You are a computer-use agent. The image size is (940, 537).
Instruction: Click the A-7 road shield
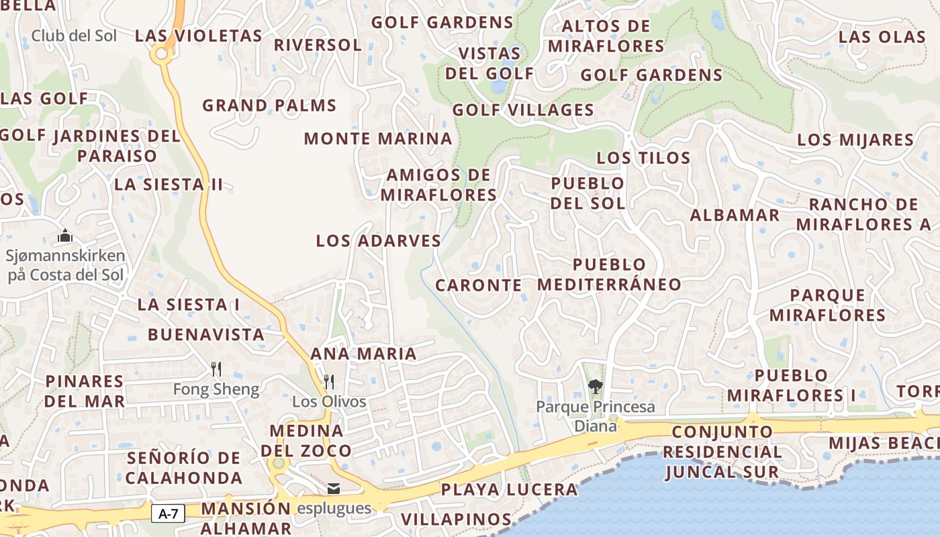click(169, 514)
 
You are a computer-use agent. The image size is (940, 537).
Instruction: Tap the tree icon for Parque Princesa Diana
click(595, 386)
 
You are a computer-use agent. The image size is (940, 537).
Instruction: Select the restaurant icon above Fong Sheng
click(216, 369)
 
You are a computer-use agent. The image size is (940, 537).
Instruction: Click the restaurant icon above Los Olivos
click(329, 381)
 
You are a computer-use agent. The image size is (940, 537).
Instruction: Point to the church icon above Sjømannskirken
click(65, 236)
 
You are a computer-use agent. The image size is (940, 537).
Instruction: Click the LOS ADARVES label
click(379, 241)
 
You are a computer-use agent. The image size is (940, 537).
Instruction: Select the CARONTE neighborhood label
click(479, 285)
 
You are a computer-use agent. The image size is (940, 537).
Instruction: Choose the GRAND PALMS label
click(269, 105)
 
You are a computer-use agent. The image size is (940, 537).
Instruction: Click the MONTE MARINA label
click(378, 139)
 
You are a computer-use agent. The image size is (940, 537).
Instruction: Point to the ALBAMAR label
click(735, 215)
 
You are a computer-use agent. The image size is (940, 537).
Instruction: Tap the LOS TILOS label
click(643, 158)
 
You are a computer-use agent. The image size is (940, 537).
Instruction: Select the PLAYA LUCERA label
click(509, 490)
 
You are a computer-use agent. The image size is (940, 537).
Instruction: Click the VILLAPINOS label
click(456, 519)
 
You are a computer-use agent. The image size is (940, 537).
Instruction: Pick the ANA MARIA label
click(363, 354)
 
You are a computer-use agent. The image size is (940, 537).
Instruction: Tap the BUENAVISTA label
click(206, 334)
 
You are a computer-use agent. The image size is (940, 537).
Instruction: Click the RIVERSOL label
click(318, 45)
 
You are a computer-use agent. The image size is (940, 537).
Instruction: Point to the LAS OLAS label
click(882, 37)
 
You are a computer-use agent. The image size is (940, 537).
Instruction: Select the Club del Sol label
click(74, 36)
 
